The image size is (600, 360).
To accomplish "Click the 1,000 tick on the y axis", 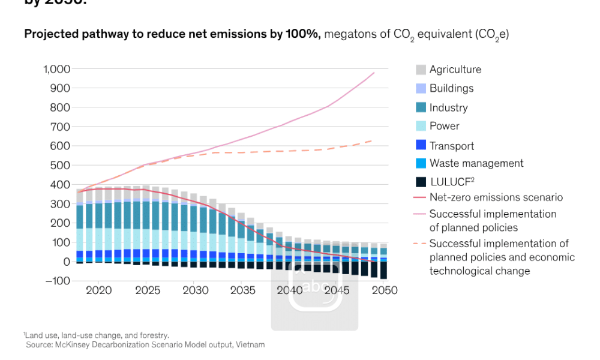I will (56, 69).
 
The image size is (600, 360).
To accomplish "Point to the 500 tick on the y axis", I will (62, 165).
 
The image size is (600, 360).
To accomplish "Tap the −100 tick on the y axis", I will (58, 281).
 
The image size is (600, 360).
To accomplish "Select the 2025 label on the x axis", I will (148, 290).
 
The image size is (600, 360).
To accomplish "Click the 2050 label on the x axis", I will (385, 290).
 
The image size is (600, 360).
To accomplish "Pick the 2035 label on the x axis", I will (242, 290).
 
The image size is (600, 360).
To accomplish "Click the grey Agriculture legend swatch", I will (421, 70).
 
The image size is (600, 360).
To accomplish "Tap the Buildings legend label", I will (451, 88).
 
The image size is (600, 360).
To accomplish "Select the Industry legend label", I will (448, 108).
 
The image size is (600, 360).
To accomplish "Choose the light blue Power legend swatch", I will (421, 126).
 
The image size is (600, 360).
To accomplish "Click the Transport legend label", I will (452, 146).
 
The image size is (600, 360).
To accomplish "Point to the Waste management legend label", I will (476, 163).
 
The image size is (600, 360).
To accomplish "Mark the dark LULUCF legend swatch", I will (421, 181).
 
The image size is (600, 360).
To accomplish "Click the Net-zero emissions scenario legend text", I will (496, 197).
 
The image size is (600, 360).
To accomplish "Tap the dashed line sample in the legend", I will (420, 244).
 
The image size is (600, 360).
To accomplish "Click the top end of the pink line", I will (374, 73).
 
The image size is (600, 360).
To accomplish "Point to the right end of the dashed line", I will (372, 140).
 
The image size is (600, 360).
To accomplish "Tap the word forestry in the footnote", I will (154, 335).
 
